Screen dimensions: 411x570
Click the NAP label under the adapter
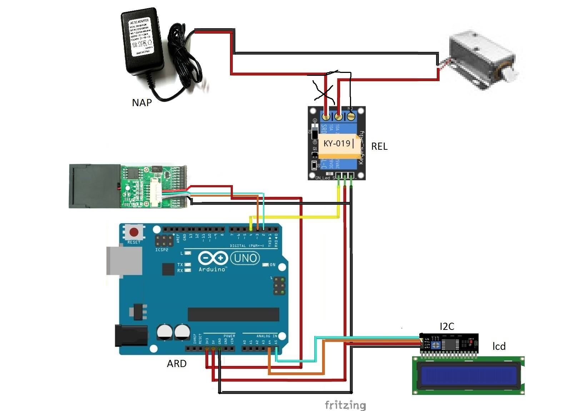(142, 103)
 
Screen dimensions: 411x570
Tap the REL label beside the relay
(379, 147)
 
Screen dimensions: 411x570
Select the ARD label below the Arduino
(176, 364)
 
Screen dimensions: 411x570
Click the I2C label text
(447, 327)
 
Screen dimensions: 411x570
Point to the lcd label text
(499, 346)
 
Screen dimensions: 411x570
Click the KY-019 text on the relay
(337, 144)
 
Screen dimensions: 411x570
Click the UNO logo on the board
(245, 258)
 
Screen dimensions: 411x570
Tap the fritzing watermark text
(345, 405)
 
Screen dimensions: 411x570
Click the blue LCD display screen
(469, 375)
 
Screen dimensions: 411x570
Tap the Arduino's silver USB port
(123, 261)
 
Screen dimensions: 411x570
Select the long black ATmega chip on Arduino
(233, 315)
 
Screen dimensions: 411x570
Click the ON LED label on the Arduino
(272, 265)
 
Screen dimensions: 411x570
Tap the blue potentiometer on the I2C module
(436, 345)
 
